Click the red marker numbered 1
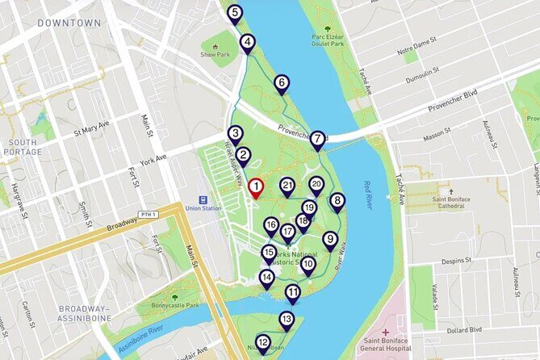point(256,188)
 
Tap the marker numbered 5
point(234,13)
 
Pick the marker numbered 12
point(262,343)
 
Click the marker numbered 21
point(287,186)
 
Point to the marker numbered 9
point(329,240)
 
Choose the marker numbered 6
point(281,82)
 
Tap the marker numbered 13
point(287,320)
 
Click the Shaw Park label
point(216,56)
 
